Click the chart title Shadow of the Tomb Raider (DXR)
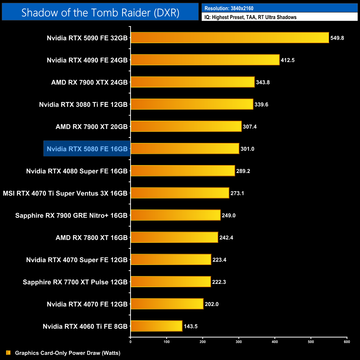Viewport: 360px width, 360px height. (100, 12)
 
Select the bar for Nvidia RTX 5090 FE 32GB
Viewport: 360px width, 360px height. (230, 38)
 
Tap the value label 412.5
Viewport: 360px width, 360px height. (287, 60)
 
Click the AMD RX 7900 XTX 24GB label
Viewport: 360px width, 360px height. (89, 82)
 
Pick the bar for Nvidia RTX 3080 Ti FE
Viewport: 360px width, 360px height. (192, 104)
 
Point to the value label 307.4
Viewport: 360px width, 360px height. (250, 127)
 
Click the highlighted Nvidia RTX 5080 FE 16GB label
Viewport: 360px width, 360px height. (87, 149)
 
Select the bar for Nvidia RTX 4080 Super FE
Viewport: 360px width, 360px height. (183, 171)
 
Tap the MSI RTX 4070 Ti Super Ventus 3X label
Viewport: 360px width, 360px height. (65, 193)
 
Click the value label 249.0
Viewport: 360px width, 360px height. (228, 215)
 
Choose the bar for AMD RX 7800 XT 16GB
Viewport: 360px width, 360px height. (174, 237)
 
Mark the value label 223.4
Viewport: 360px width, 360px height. (219, 260)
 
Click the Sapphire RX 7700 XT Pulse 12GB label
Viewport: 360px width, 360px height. (75, 282)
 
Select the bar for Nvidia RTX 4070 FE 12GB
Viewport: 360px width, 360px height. (167, 304)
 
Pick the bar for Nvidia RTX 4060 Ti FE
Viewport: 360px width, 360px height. (156, 326)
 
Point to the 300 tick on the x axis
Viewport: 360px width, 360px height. (239, 342)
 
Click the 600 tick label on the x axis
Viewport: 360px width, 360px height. (347, 342)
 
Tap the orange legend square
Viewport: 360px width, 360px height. (8, 353)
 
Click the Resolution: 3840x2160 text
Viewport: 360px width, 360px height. (229, 8)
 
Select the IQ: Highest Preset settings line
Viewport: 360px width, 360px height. (250, 17)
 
